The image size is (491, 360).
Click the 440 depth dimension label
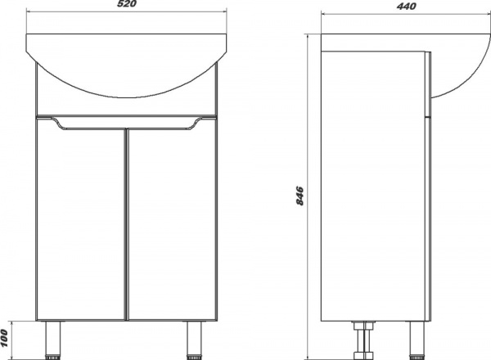(x=407, y=6)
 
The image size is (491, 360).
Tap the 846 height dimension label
(x=300, y=196)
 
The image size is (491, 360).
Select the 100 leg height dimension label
(x=4, y=338)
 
